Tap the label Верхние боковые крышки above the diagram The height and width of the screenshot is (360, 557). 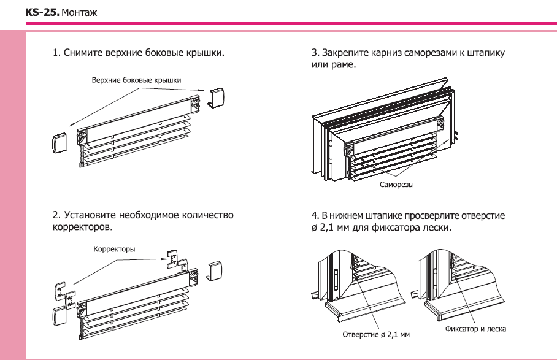click(x=137, y=80)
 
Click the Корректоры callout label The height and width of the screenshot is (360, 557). click(x=114, y=249)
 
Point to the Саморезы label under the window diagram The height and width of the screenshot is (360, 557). click(x=396, y=183)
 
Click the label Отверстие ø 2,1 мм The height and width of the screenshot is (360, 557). click(x=375, y=335)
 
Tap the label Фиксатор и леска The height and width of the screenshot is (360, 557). click(x=475, y=329)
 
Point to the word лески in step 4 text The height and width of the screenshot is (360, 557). click(x=437, y=228)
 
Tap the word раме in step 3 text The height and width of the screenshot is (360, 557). click(x=344, y=64)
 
